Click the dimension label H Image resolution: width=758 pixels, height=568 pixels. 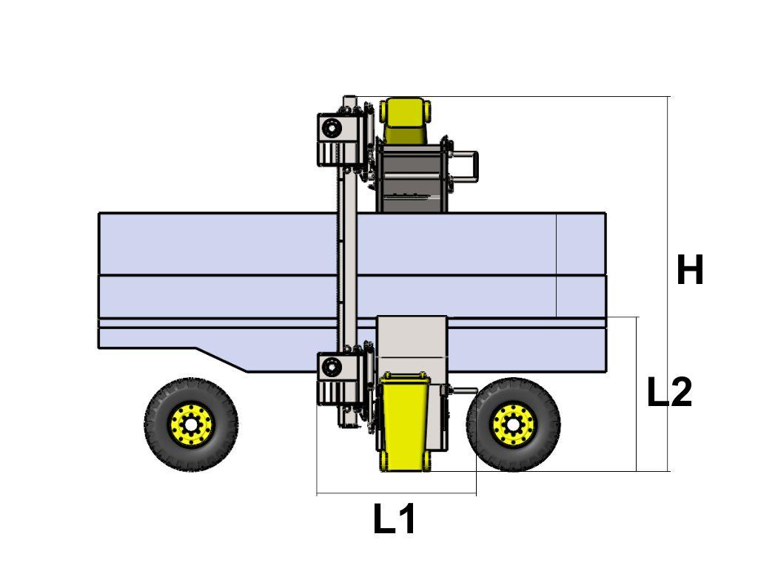[690, 269]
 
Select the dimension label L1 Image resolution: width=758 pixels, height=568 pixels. [394, 518]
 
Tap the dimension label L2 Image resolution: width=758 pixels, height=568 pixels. [669, 392]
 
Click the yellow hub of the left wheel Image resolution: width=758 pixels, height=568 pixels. [191, 425]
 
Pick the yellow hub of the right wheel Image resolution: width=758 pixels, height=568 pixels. [513, 425]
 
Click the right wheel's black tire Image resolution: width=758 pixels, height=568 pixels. [554, 425]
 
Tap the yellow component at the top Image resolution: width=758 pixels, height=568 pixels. [405, 121]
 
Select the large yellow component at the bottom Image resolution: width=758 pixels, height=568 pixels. [404, 422]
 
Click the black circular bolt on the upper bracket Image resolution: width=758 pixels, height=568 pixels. [332, 129]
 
